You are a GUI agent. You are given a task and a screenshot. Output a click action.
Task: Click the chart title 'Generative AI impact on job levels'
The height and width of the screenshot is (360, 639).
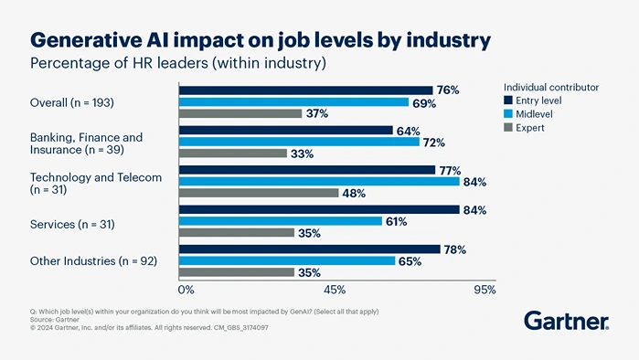[261, 39]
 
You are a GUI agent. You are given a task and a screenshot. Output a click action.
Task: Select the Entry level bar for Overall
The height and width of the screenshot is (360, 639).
[305, 90]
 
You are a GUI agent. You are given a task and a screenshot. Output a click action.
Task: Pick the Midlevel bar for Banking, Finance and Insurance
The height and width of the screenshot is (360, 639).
[298, 142]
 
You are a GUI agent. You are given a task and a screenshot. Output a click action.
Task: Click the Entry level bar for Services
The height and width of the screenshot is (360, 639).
[318, 210]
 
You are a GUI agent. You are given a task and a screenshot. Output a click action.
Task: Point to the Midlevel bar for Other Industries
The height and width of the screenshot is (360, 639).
[287, 260]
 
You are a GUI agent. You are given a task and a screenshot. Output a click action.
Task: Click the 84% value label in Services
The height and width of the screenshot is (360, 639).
[474, 210]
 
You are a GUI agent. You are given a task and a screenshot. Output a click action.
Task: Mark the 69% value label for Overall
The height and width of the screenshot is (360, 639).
[424, 102]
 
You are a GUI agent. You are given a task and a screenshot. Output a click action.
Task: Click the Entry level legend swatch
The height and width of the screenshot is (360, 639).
[508, 101]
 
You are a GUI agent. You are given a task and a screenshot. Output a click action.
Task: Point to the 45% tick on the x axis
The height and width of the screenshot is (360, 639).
[334, 290]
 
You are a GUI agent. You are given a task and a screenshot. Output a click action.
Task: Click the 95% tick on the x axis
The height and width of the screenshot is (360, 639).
[485, 290]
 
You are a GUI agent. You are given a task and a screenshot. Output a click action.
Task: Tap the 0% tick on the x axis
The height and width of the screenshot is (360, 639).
[186, 290]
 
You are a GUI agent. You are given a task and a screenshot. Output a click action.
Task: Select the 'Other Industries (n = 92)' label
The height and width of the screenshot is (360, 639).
[93, 261]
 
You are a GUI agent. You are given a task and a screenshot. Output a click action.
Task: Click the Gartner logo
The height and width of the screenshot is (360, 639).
[566, 320]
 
